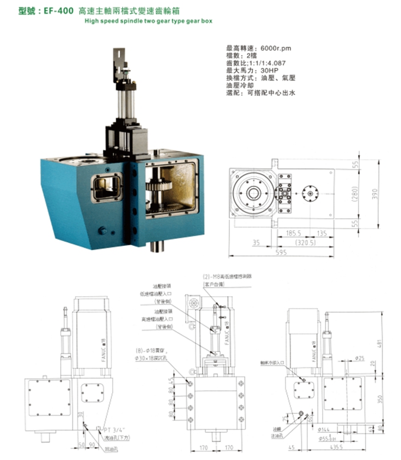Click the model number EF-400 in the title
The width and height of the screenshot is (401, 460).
click(x=60, y=10)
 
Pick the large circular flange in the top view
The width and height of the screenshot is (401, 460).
click(x=254, y=193)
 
